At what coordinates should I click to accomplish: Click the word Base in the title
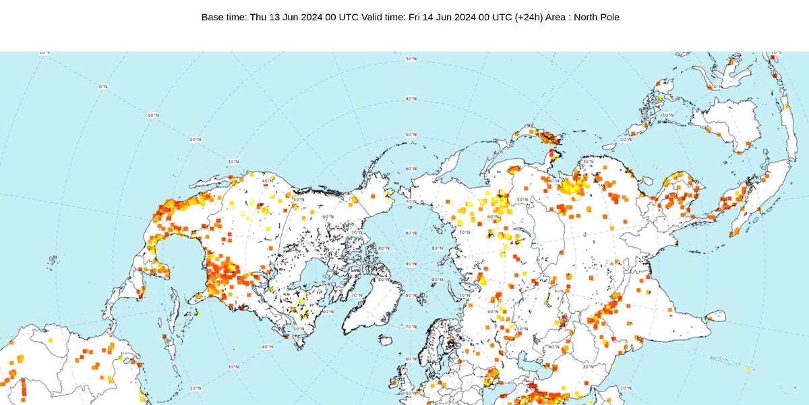(x=213, y=17)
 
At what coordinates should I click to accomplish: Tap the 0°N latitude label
(x=103, y=87)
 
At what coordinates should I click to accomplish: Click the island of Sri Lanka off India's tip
(x=717, y=315)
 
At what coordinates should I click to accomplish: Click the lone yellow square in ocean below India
(x=746, y=369)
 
